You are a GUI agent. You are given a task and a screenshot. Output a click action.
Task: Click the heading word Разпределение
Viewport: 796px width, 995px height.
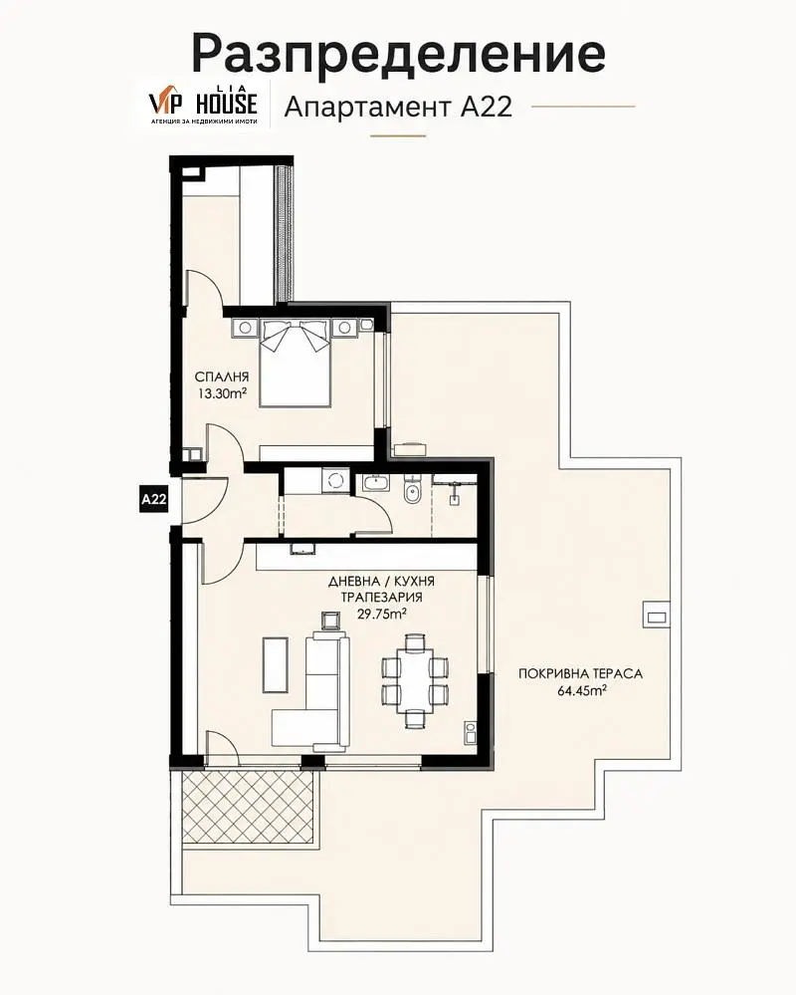tap(399, 53)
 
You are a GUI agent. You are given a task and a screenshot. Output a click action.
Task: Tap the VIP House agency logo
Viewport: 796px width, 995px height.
tap(203, 104)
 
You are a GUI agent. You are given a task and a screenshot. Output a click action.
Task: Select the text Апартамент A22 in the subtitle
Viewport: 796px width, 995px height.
tap(398, 107)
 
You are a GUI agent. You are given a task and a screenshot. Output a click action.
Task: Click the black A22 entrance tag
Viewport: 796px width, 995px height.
tap(153, 499)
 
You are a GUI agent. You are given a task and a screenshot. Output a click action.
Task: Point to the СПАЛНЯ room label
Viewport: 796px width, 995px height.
tap(222, 377)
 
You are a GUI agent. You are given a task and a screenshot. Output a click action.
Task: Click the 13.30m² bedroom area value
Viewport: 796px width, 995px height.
tap(222, 393)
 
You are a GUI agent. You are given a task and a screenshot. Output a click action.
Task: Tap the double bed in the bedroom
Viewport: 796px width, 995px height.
tap(296, 362)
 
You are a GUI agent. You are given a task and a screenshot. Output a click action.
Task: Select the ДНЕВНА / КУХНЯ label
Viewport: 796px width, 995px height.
tap(381, 582)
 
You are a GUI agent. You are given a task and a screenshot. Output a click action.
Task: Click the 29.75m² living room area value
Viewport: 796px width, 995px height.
tap(381, 615)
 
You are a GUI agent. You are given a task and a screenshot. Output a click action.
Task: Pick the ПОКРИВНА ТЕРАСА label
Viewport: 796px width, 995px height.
tap(580, 674)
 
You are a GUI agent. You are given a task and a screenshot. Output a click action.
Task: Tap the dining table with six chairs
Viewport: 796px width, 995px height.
tap(415, 680)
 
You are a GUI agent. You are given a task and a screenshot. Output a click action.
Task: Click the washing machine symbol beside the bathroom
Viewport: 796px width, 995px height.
tap(335, 479)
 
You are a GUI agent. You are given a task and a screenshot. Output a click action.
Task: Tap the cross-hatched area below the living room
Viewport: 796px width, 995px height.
tap(248, 808)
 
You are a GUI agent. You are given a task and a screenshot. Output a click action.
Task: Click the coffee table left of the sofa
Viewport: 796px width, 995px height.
tap(276, 665)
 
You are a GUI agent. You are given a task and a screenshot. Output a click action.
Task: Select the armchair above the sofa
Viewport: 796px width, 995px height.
tap(330, 620)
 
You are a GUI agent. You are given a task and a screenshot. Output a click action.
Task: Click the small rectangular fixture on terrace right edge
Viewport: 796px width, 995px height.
tap(657, 615)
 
